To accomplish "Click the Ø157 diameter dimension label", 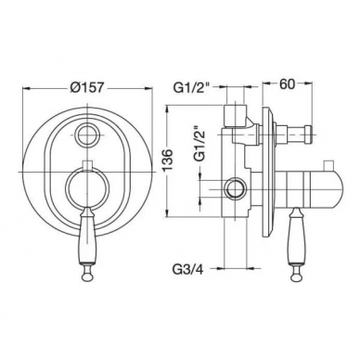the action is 86,87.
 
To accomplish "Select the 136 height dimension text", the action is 168,161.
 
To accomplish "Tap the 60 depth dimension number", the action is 287,84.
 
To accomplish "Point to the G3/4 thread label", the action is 187,269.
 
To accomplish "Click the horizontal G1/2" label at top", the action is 191,88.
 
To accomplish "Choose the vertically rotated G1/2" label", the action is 199,144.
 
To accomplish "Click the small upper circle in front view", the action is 88,135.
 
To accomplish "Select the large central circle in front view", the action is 87,187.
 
